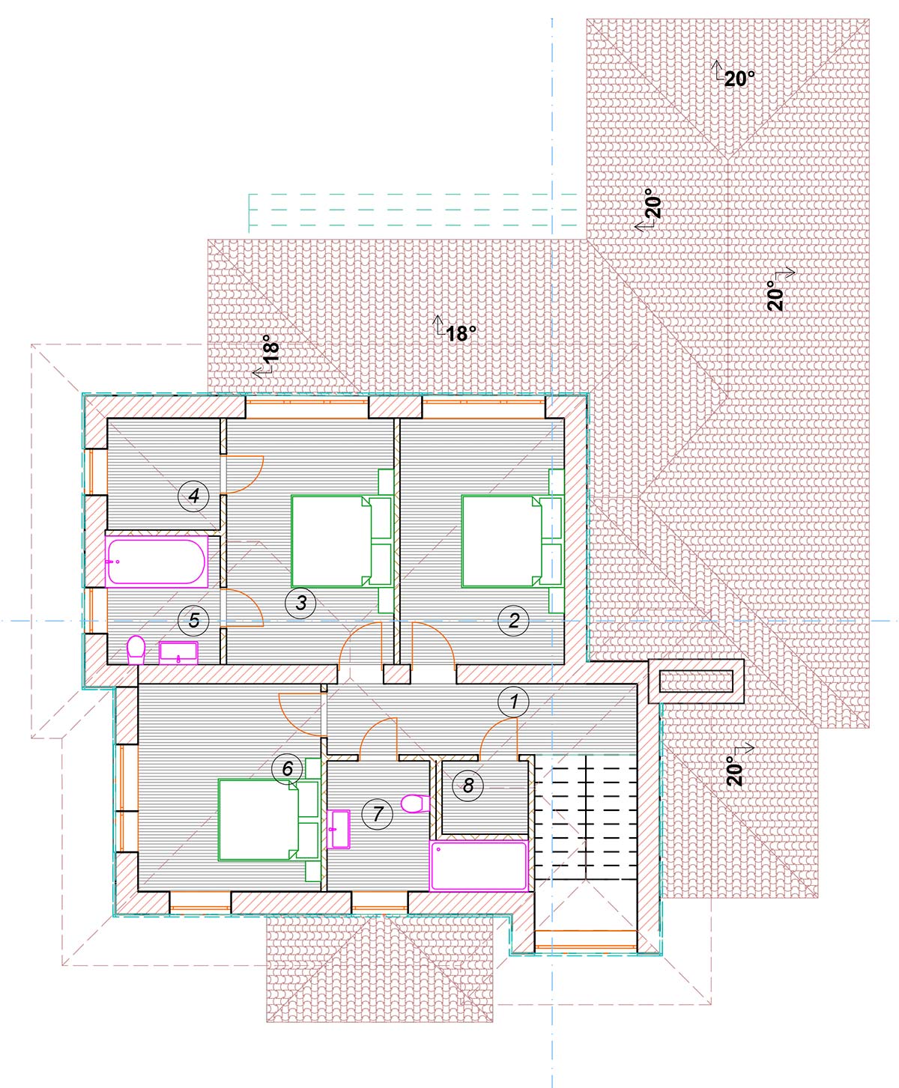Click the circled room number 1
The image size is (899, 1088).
pos(513,702)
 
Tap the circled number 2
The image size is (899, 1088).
pos(514,621)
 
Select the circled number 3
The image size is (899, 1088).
pos(301,603)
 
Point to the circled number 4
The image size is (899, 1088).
pos(193,496)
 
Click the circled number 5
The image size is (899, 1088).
pos(193,620)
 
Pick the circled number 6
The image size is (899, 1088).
pos(288,768)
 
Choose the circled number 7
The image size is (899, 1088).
pos(377,813)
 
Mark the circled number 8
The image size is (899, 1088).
pos(467,785)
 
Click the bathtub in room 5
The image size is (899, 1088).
pos(157,561)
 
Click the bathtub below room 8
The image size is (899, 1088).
pos(479,866)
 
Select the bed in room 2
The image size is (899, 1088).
pos(512,541)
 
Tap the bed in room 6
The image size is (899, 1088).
pos(270,819)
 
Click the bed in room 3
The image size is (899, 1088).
pos(342,541)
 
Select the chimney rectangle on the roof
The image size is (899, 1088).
pos(696,681)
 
